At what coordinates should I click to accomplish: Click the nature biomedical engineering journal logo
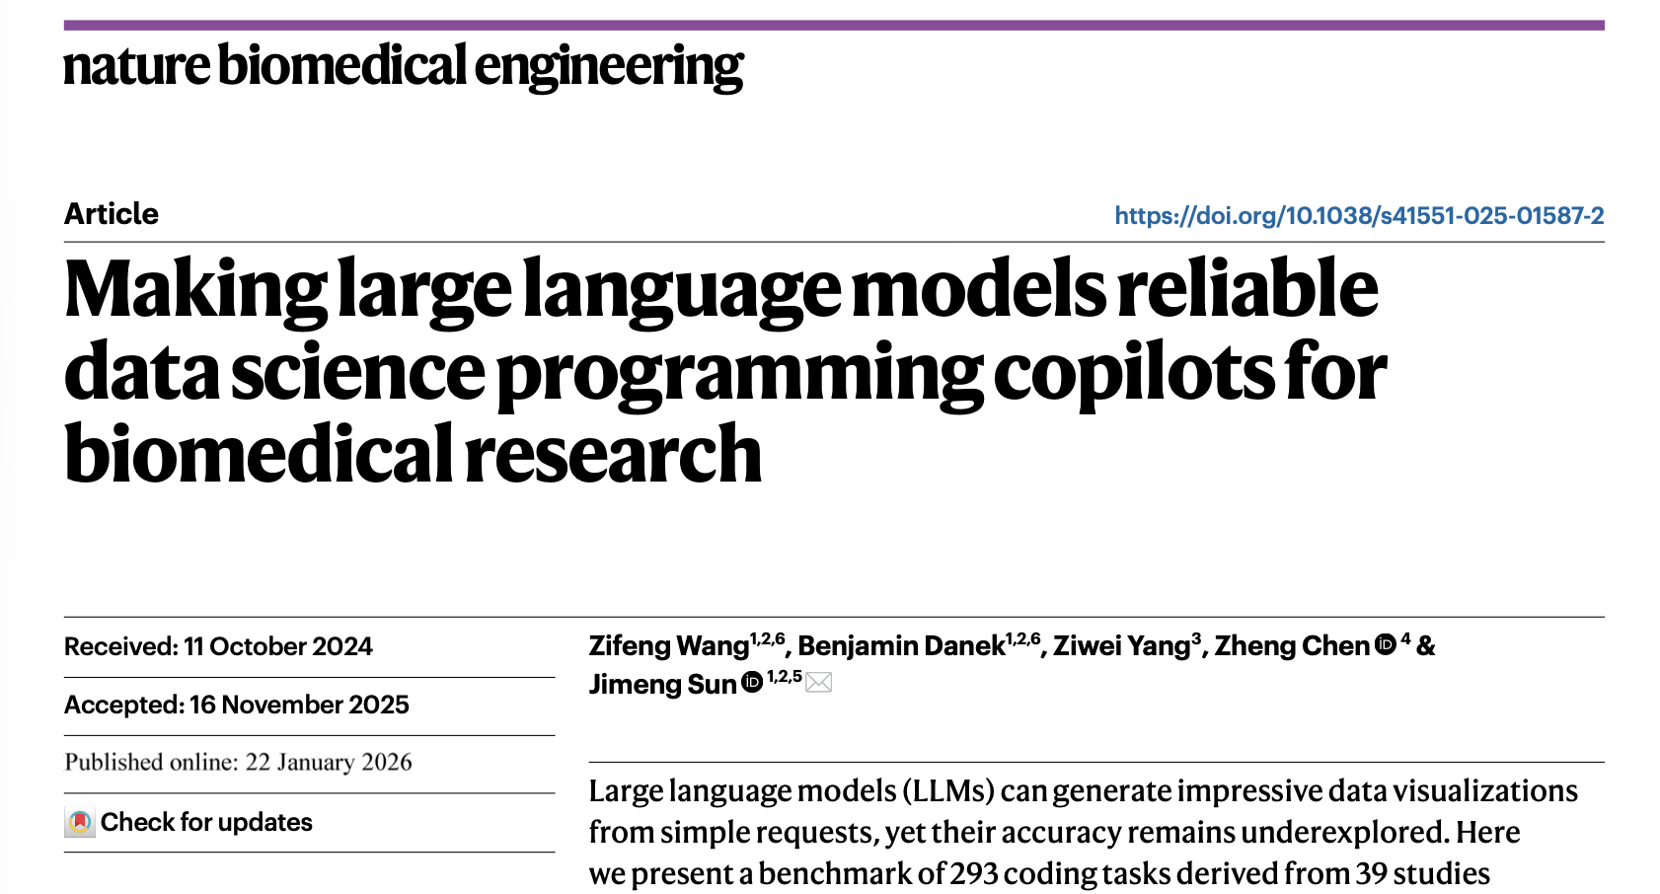(x=403, y=67)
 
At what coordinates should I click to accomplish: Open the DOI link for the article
(x=1359, y=216)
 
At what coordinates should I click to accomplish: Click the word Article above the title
(x=111, y=214)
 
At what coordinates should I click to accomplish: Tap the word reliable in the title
(x=1247, y=288)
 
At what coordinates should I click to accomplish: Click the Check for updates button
(x=205, y=822)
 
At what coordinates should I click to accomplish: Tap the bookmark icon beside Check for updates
(x=80, y=822)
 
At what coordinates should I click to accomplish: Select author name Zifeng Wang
(x=668, y=646)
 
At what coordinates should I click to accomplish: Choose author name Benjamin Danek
(x=901, y=646)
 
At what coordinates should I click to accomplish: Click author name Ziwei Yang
(x=1121, y=646)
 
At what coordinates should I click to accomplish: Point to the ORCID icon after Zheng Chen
(x=1386, y=644)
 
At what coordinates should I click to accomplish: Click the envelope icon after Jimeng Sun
(x=818, y=682)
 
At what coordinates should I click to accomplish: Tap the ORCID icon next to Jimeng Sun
(x=752, y=682)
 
